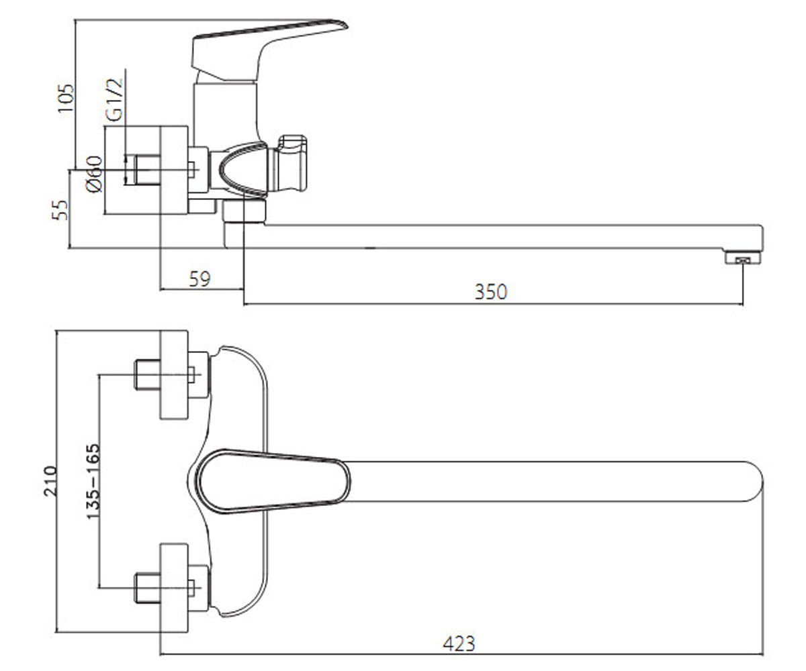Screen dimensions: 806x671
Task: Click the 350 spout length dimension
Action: pyautogui.click(x=490, y=292)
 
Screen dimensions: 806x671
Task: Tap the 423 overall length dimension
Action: pyautogui.click(x=459, y=643)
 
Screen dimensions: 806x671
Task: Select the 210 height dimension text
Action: pyautogui.click(x=50, y=481)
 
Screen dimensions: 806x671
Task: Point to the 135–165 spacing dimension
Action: pyautogui.click(x=93, y=481)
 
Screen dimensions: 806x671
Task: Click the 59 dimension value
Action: pyautogui.click(x=199, y=279)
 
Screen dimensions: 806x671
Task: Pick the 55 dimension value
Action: pyautogui.click(x=60, y=210)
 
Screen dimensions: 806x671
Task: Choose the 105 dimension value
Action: pyautogui.click(x=65, y=98)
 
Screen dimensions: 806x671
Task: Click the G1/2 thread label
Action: pyautogui.click(x=114, y=100)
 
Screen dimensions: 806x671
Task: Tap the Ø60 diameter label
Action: pyautogui.click(x=94, y=174)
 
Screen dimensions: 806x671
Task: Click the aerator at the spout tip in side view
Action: pyautogui.click(x=743, y=258)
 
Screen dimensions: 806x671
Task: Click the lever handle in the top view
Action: pyautogui.click(x=273, y=482)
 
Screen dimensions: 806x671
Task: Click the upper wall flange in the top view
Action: pyautogui.click(x=174, y=374)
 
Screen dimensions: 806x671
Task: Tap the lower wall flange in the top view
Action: pyautogui.click(x=174, y=588)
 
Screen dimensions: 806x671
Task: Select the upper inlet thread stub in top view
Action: pyautogui.click(x=147, y=374)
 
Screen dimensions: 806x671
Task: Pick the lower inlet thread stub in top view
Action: pyautogui.click(x=147, y=588)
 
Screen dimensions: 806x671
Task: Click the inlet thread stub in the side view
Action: pyautogui.click(x=147, y=170)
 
